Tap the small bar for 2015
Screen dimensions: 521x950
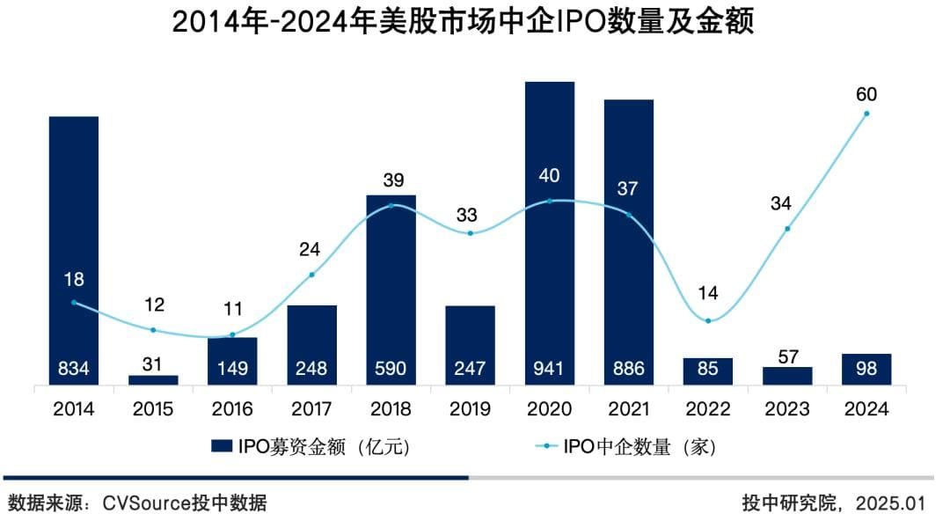pyautogui.click(x=153, y=380)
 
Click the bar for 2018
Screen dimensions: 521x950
pyautogui.click(x=391, y=290)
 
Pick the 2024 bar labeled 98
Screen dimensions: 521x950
pyautogui.click(x=866, y=369)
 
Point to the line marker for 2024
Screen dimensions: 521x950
pyautogui.click(x=866, y=114)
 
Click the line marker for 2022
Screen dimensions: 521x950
pyautogui.click(x=708, y=320)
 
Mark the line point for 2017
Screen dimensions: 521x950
pyautogui.click(x=311, y=275)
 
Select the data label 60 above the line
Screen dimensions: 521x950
pyautogui.click(x=866, y=94)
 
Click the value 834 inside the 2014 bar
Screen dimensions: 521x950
pyautogui.click(x=74, y=368)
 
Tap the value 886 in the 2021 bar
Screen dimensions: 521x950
pyautogui.click(x=628, y=368)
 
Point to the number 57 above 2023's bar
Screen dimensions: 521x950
pyautogui.click(x=787, y=356)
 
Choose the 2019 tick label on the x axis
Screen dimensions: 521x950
pyautogui.click(x=470, y=409)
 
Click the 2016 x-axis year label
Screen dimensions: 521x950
pyautogui.click(x=232, y=409)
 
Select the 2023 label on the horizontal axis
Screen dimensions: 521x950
pyautogui.click(x=787, y=409)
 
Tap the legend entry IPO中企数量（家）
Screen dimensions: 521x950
pyautogui.click(x=628, y=446)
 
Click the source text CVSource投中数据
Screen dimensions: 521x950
pyautogui.click(x=185, y=503)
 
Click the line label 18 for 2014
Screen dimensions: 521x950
pyautogui.click(x=74, y=280)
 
